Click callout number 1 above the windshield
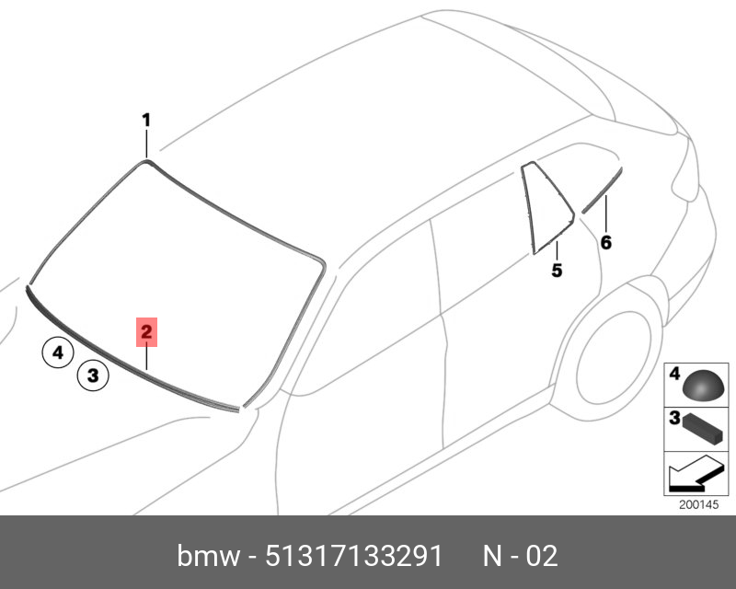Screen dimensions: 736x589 [x=146, y=121]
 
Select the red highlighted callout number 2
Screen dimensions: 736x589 [x=146, y=332]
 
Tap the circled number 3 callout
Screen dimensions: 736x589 [x=93, y=375]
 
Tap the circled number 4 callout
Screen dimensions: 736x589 [x=58, y=352]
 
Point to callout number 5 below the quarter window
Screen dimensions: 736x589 [x=557, y=270]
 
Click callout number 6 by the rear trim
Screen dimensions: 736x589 [x=606, y=243]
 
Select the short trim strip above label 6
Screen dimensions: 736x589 [x=603, y=191]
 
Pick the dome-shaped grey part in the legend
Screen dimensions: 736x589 [x=704, y=386]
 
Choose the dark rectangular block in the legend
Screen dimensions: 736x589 [x=702, y=428]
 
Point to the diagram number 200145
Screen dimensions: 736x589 [x=698, y=504]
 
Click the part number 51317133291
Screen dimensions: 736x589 [x=354, y=556]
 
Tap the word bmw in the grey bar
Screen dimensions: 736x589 [x=209, y=556]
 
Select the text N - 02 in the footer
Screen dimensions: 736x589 [x=521, y=556]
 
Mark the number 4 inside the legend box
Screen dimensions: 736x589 [x=674, y=374]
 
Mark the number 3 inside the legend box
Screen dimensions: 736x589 [x=674, y=418]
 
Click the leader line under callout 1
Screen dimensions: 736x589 [x=146, y=144]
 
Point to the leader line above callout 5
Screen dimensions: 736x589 [x=557, y=251]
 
